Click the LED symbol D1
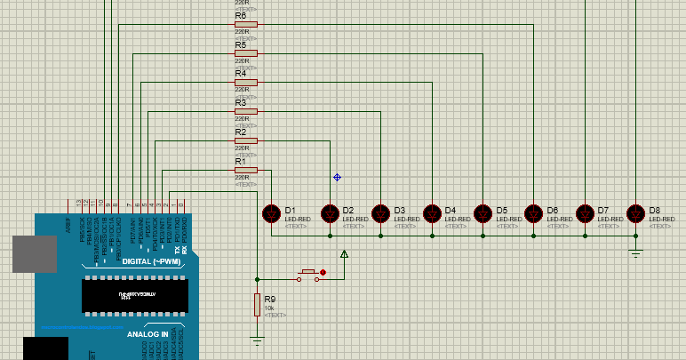click(272, 213)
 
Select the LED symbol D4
click(432, 213)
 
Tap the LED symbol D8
click(635, 213)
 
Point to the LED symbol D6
click(533, 213)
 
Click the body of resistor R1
click(246, 170)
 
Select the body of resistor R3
click(246, 112)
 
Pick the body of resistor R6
click(246, 24)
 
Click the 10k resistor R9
click(258, 305)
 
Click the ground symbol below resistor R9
click(258, 339)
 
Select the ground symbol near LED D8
click(635, 254)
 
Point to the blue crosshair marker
click(337, 177)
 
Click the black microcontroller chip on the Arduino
click(135, 294)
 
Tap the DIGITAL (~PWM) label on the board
click(149, 261)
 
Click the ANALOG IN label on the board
click(148, 334)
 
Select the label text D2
click(348, 210)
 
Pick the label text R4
click(241, 74)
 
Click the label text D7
click(602, 210)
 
